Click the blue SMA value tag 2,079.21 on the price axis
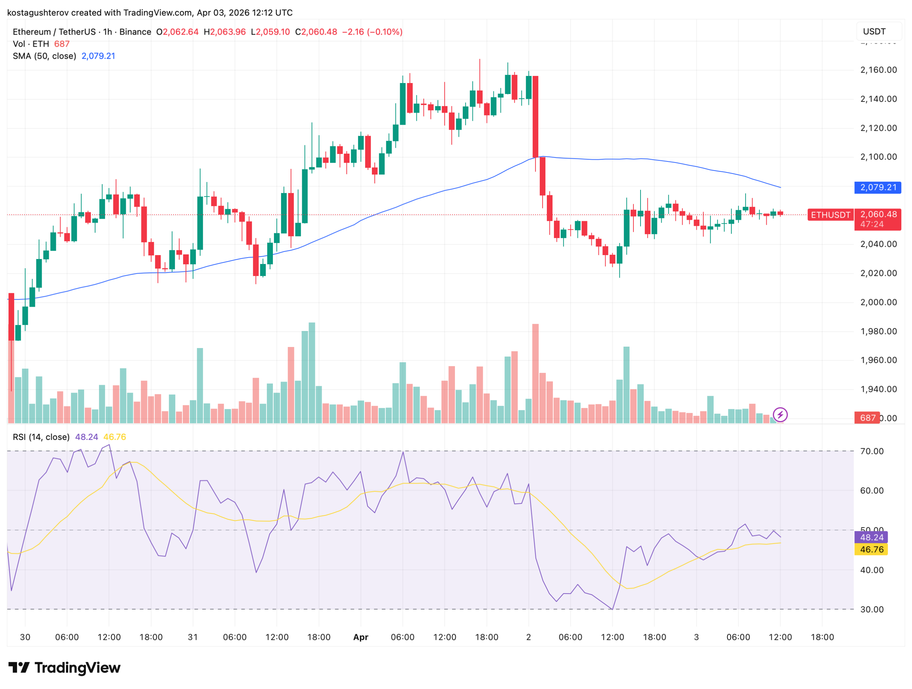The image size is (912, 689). pos(877,187)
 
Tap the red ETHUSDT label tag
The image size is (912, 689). pos(830,215)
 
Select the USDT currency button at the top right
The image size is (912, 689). pos(874,32)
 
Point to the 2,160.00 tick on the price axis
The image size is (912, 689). pos(878,70)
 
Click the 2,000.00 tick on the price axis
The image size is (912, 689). pos(878,302)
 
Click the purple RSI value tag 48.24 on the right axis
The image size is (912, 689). pos(871,537)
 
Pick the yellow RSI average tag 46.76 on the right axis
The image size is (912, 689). pos(871,549)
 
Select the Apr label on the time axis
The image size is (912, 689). pos(361,637)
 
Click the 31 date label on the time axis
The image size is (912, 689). pos(192,637)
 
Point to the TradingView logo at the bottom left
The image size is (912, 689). pos(64,668)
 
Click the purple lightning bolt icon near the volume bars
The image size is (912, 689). pos(780,414)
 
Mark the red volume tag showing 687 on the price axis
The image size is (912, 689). pos(867,418)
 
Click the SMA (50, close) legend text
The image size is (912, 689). pos(44,56)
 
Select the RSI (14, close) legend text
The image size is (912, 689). pos(41,437)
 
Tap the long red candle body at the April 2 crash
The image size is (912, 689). pos(535,116)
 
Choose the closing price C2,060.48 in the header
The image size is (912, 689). pos(316,32)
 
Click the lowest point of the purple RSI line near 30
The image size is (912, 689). pos(612,609)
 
